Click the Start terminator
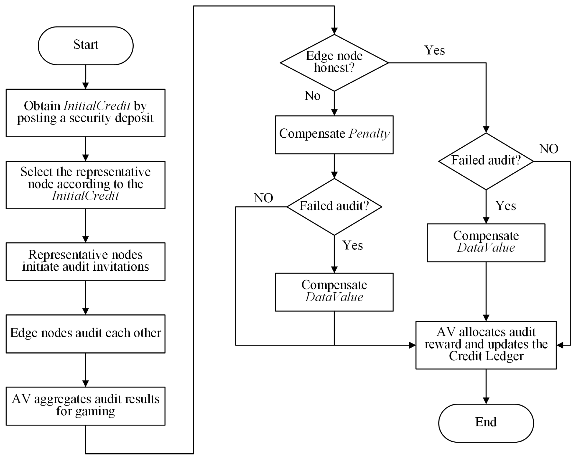(86, 46)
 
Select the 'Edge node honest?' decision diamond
(334, 63)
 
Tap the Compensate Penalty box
(334, 134)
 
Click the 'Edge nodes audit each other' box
(86, 334)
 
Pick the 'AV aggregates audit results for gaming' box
(86, 405)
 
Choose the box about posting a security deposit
(86, 113)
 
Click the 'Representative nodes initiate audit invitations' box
(86, 262)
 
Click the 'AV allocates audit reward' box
(486, 345)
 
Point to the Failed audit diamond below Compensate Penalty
(334, 207)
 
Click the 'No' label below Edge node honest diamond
(312, 96)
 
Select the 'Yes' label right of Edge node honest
(434, 51)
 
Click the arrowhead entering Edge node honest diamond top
(334, 31)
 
